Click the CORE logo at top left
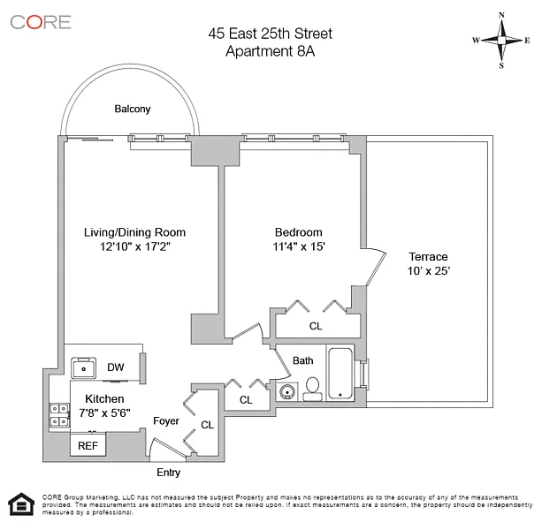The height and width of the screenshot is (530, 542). pyautogui.click(x=41, y=22)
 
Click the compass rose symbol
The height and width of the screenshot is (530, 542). pyautogui.click(x=501, y=40)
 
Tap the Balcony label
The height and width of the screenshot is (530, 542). pyautogui.click(x=133, y=110)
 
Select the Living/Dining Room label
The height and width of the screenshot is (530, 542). pyautogui.click(x=134, y=232)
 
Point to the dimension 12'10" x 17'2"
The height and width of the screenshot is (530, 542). pyautogui.click(x=134, y=247)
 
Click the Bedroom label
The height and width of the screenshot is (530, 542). pyautogui.click(x=298, y=232)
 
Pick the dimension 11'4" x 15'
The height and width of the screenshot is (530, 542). pyautogui.click(x=299, y=247)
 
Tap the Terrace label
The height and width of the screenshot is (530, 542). pyautogui.click(x=428, y=256)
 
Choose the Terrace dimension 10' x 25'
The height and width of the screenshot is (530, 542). pyautogui.click(x=429, y=271)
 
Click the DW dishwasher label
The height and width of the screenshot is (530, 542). pyautogui.click(x=116, y=367)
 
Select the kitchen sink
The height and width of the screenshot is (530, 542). pyautogui.click(x=87, y=367)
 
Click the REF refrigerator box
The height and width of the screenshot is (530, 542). pyautogui.click(x=88, y=446)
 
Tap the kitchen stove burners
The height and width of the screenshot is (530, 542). pyautogui.click(x=59, y=415)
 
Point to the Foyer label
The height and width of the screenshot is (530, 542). pyautogui.click(x=166, y=421)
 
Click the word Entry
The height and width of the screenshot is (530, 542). pyautogui.click(x=168, y=473)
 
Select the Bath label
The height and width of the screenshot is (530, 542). pyautogui.click(x=303, y=360)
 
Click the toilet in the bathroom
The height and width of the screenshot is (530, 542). pyautogui.click(x=312, y=389)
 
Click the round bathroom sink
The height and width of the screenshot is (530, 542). pyautogui.click(x=286, y=393)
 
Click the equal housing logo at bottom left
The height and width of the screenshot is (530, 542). pyautogui.click(x=19, y=503)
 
